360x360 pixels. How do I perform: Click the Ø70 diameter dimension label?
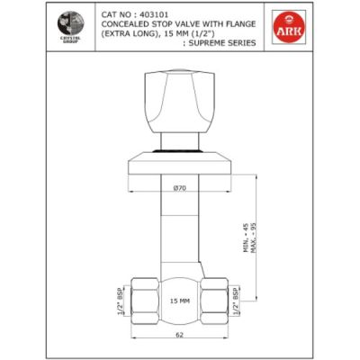(x=180, y=187)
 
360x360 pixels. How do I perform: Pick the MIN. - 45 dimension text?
(x=245, y=239)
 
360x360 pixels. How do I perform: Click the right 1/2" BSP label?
(x=236, y=300)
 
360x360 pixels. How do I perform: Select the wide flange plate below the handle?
(x=180, y=165)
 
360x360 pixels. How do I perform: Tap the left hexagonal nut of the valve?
(x=139, y=300)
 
